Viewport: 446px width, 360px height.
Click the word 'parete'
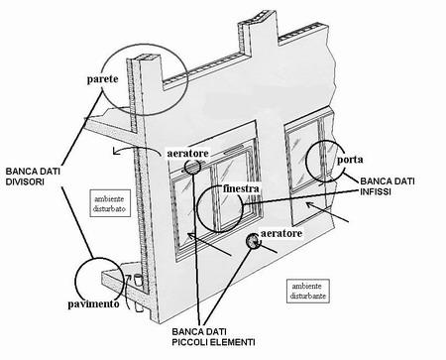tap(102, 79)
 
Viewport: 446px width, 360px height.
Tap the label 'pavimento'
tap(93, 304)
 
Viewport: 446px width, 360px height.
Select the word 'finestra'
tap(241, 188)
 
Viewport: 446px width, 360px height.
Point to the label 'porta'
tap(350, 160)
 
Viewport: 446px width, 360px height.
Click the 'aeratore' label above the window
tap(188, 153)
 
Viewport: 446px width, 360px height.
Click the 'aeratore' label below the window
tap(281, 233)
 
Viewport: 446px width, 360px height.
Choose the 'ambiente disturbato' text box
tap(110, 203)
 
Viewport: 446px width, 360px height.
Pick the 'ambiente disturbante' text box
tap(308, 291)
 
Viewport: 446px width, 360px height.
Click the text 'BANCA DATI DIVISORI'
tap(33, 177)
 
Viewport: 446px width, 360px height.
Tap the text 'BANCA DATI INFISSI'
tap(388, 185)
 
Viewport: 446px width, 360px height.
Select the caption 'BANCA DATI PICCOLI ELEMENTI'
tap(213, 337)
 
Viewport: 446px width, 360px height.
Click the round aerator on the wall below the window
tap(253, 240)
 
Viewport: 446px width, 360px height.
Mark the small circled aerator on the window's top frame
tap(192, 167)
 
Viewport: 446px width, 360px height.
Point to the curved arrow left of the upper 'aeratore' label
tap(136, 151)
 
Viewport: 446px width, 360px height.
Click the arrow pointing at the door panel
tap(327, 212)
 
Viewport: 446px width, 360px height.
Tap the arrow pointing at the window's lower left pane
tap(209, 244)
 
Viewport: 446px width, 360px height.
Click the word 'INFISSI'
tap(376, 191)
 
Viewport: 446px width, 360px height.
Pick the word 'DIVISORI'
tap(25, 181)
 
